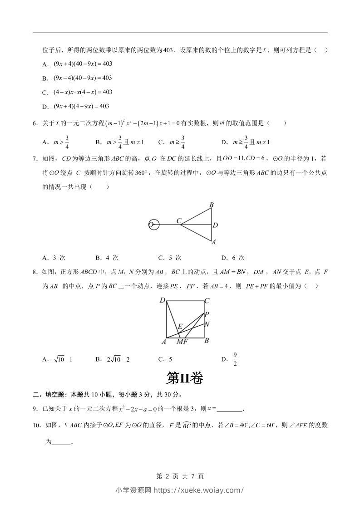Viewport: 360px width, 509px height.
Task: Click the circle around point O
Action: pos(154,224)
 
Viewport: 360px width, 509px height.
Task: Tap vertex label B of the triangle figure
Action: pos(211,206)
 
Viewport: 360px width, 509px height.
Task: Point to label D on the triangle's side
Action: pos(215,225)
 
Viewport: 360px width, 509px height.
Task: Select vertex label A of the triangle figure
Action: pos(213,242)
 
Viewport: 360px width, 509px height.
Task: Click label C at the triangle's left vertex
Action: pos(179,221)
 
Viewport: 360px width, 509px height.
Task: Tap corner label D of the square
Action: pos(162,300)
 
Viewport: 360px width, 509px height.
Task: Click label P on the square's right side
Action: pos(207,314)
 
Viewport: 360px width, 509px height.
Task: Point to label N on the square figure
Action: pos(207,324)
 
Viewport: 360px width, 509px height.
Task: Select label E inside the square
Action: pos(180,326)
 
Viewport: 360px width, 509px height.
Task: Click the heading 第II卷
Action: pos(184,378)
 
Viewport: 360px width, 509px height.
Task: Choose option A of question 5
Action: pos(77,64)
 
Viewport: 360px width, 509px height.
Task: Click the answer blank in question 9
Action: pos(230,409)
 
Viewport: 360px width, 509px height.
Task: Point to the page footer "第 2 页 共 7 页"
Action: pos(180,476)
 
